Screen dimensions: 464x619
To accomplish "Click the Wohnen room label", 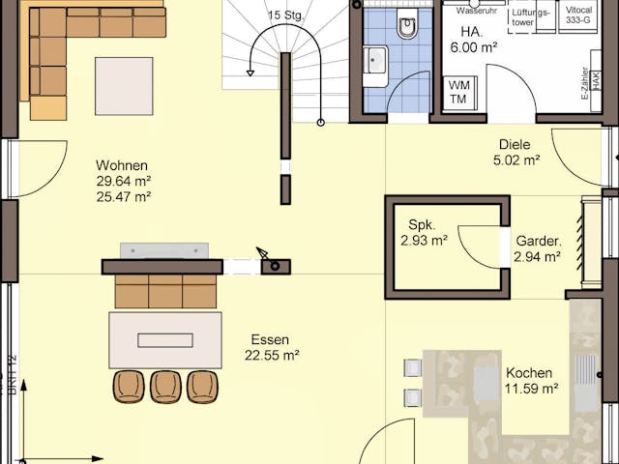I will tap(122, 164).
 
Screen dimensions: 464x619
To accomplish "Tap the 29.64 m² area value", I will tap(123, 181).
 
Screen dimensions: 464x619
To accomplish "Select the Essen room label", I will tap(269, 339).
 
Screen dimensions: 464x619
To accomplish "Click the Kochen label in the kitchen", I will tap(529, 373).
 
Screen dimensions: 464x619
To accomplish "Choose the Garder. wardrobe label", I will tap(538, 241).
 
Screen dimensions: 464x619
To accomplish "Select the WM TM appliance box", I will tap(457, 93).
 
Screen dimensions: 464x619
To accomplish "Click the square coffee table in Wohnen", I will tap(124, 86).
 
